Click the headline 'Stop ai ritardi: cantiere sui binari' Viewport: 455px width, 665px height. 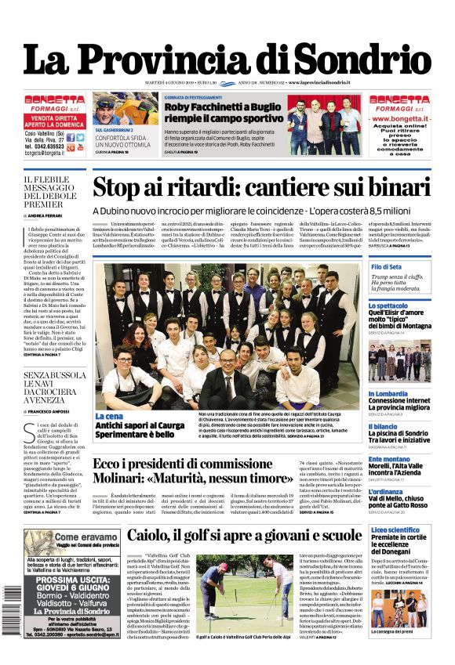pyautogui.click(x=261, y=189)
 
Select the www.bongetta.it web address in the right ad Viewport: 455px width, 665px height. pyautogui.click(x=400, y=117)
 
